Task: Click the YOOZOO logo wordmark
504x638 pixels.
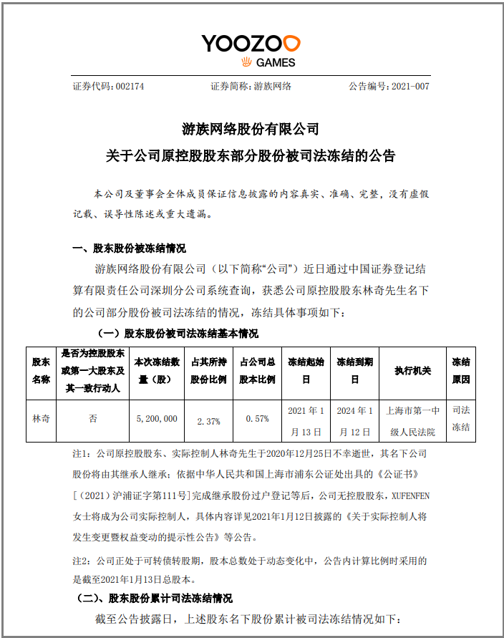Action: point(251,43)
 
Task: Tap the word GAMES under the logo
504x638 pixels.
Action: point(275,63)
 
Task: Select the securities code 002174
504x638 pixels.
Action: point(128,86)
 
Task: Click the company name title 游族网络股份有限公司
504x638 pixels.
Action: point(251,130)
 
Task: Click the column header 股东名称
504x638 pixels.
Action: point(41,370)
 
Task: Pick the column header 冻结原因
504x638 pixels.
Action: point(461,370)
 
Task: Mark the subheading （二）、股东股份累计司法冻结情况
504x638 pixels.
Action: point(155,598)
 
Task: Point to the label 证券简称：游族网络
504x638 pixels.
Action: point(251,86)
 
